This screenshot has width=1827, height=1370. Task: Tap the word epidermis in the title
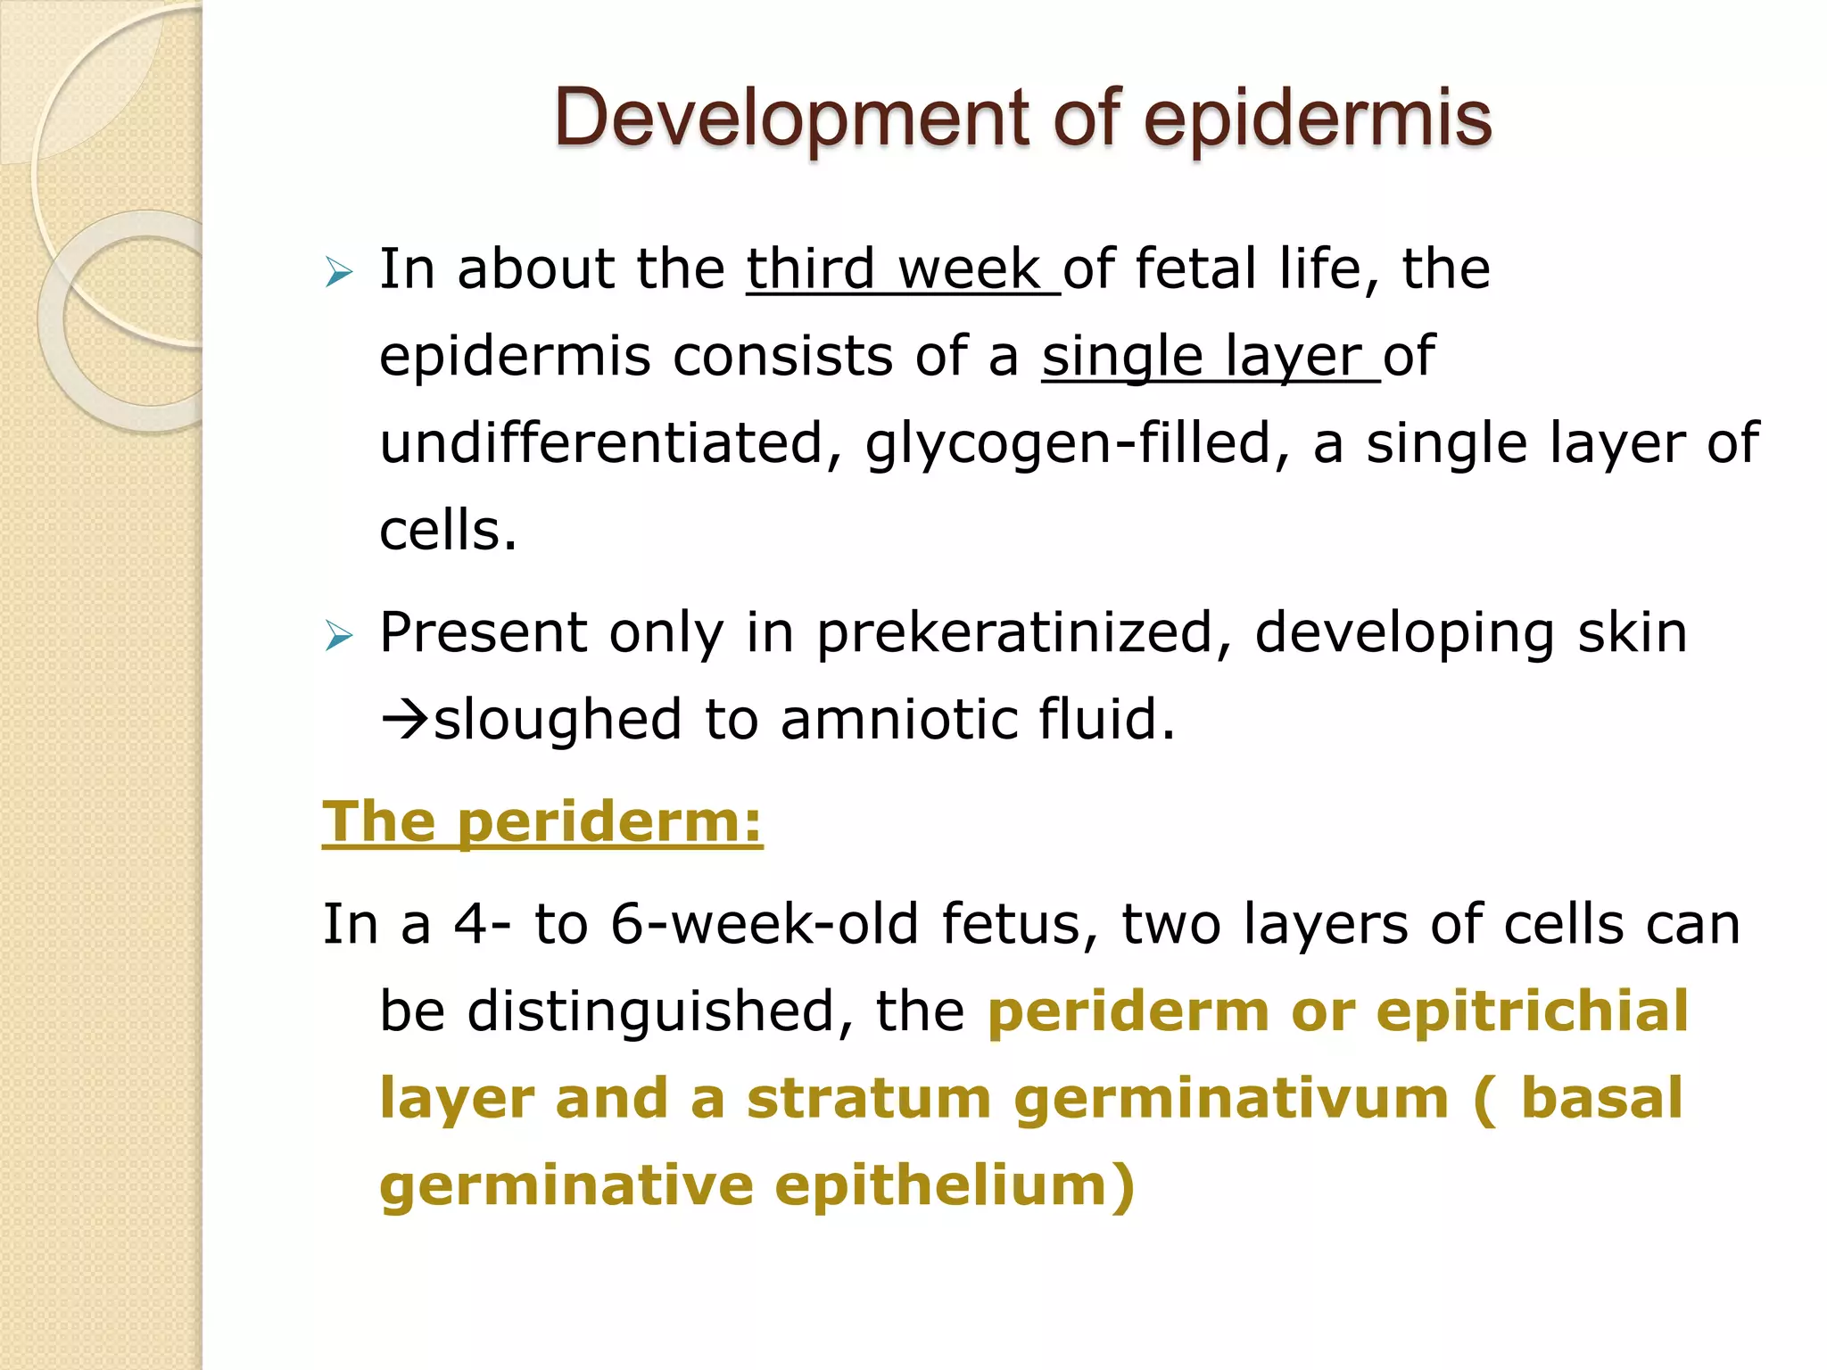[x=1318, y=119]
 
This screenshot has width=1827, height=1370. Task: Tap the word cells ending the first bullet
[x=447, y=531]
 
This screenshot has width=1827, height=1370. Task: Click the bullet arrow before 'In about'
[x=339, y=271]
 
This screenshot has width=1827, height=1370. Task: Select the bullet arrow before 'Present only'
[x=339, y=636]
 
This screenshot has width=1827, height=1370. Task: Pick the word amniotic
[x=898, y=719]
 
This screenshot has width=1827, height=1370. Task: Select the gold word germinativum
[x=1231, y=1098]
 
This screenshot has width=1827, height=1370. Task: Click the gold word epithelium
[x=954, y=1185]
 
